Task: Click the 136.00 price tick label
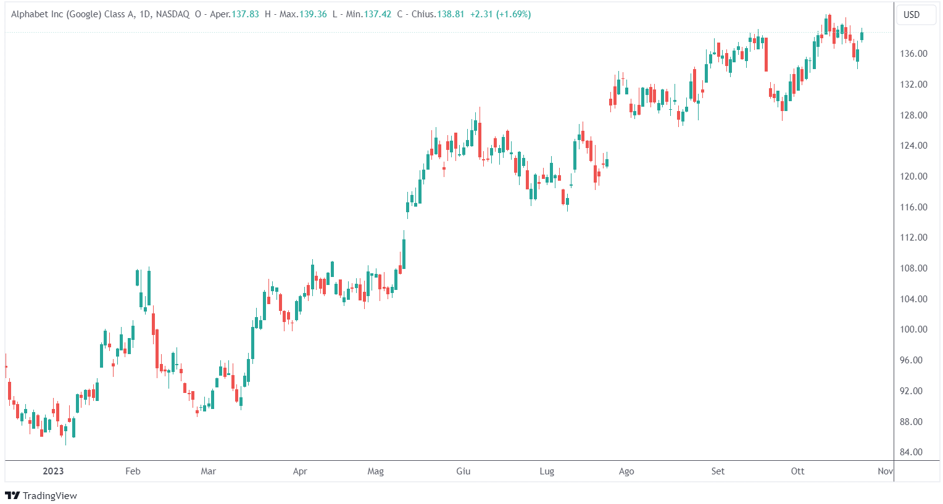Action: [913, 54]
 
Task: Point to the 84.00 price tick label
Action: [912, 452]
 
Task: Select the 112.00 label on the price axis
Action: [913, 238]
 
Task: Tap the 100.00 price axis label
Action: [913, 329]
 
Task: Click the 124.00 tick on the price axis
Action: [913, 146]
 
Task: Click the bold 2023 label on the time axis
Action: [53, 471]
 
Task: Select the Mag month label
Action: [375, 471]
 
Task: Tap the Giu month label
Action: [463, 471]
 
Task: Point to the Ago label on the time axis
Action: [626, 471]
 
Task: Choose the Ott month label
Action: [797, 471]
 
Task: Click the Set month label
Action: [718, 471]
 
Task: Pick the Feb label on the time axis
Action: [133, 471]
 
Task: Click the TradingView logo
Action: [41, 495]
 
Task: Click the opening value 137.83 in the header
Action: [245, 14]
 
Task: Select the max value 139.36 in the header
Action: [313, 14]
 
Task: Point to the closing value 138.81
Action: [451, 14]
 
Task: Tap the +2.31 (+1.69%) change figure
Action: [501, 14]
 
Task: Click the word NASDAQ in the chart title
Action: [173, 14]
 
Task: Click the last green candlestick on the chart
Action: [862, 36]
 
